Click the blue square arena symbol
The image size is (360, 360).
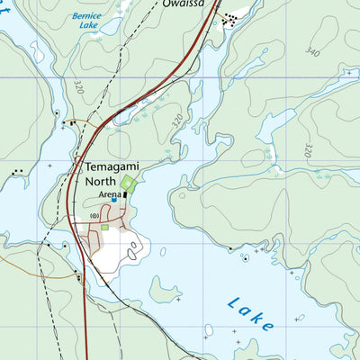pos(114,200)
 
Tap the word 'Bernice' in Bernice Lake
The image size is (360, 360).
pos(86,16)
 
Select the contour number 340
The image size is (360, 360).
pos(312,51)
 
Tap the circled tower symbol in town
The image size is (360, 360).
pos(94,216)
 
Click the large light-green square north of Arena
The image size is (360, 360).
pos(128,184)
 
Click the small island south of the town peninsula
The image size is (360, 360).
pos(164,290)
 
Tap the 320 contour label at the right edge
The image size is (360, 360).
pos(310,148)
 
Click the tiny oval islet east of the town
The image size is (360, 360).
pos(135,254)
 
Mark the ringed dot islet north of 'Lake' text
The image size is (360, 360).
pos(246,258)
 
